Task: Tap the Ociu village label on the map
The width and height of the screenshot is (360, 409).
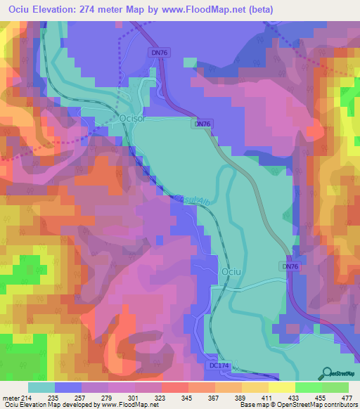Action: point(231,271)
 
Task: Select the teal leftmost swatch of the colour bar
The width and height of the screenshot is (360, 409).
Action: point(41,387)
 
